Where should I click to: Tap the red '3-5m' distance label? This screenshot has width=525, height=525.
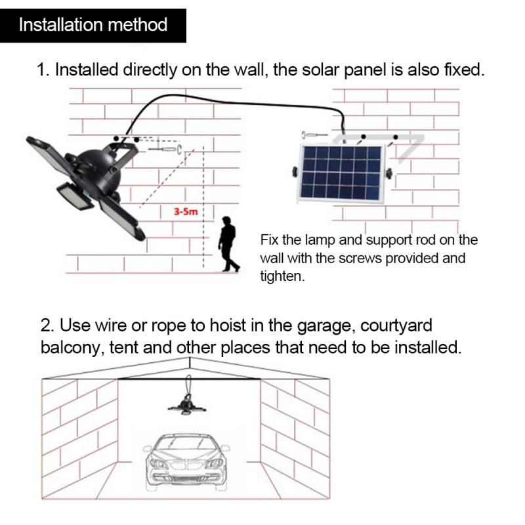point(186,212)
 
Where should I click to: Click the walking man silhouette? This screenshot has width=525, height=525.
point(228,243)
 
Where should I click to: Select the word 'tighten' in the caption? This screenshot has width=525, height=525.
point(282,277)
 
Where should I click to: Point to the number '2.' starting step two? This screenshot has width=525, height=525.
point(47,325)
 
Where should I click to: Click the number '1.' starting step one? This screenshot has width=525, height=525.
point(44,70)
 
